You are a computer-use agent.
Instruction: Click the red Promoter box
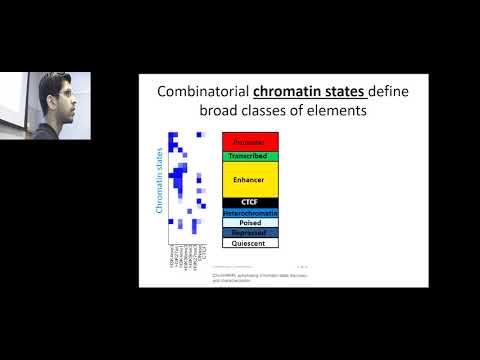[250, 142]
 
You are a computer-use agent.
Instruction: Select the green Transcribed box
[250, 156]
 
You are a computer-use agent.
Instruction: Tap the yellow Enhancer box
[250, 179]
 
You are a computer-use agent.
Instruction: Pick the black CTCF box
[250, 202]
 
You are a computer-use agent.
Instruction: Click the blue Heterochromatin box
[250, 212]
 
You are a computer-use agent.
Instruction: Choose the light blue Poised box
[250, 222]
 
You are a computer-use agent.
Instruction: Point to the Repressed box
[250, 232]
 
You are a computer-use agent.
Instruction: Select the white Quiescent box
[250, 242]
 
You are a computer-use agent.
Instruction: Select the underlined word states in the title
[344, 92]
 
